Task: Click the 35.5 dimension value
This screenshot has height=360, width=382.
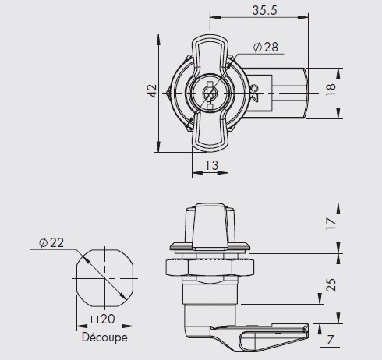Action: [x=265, y=10]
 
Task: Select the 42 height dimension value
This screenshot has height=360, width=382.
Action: [x=152, y=91]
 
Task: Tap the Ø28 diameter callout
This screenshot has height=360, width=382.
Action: [x=266, y=47]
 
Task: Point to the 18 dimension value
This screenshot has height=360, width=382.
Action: [x=331, y=90]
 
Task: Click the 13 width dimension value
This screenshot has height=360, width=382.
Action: [x=211, y=165]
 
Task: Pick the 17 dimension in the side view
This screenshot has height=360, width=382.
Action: [x=331, y=224]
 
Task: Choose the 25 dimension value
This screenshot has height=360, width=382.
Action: [x=331, y=285]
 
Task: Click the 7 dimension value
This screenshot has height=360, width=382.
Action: [x=330, y=340]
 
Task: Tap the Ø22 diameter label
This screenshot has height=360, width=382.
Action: [x=51, y=242]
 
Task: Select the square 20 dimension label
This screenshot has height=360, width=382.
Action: [x=103, y=319]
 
